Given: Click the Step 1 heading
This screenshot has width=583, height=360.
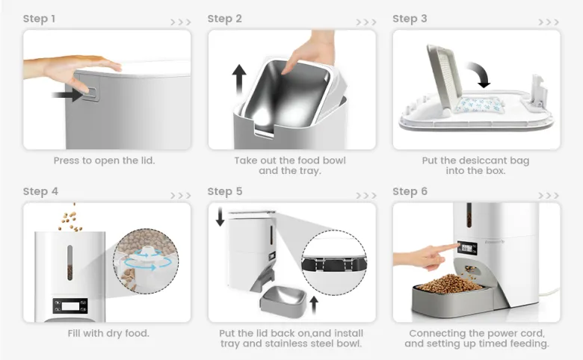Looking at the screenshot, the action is [x=39, y=19].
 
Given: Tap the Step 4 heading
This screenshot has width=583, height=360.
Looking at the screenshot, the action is [x=40, y=191].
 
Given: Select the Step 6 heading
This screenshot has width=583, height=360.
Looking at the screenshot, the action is [x=410, y=191].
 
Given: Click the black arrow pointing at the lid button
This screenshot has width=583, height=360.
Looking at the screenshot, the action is [x=68, y=94].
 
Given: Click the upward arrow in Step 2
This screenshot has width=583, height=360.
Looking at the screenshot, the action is [x=239, y=81].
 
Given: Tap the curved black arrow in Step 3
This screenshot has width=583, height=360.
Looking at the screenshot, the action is [x=479, y=74].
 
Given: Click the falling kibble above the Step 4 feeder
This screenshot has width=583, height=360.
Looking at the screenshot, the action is [x=70, y=220].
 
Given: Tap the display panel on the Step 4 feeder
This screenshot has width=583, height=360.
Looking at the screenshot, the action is [x=70, y=305].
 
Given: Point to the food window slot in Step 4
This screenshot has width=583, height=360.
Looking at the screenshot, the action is [x=70, y=262].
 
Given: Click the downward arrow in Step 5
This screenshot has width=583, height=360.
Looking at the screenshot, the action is [x=220, y=217].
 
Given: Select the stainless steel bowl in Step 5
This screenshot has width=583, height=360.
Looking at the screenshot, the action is [x=283, y=299].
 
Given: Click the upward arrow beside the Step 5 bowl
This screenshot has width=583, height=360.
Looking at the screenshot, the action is [x=314, y=304].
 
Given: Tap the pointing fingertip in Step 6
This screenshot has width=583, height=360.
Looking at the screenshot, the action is [x=456, y=245].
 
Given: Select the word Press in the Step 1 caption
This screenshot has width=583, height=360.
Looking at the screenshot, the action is [x=67, y=161].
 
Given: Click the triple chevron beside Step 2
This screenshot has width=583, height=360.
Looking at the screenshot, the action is [x=365, y=22].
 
